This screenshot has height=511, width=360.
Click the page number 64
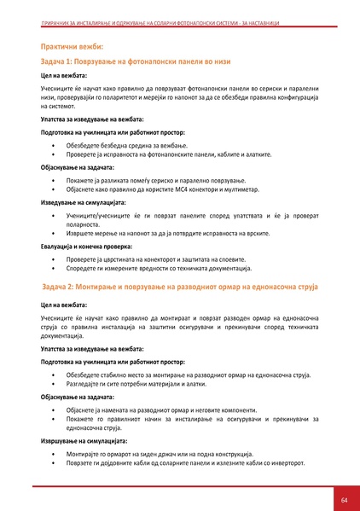click(x=344, y=498)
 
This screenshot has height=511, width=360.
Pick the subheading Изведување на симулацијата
click(x=84, y=202)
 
